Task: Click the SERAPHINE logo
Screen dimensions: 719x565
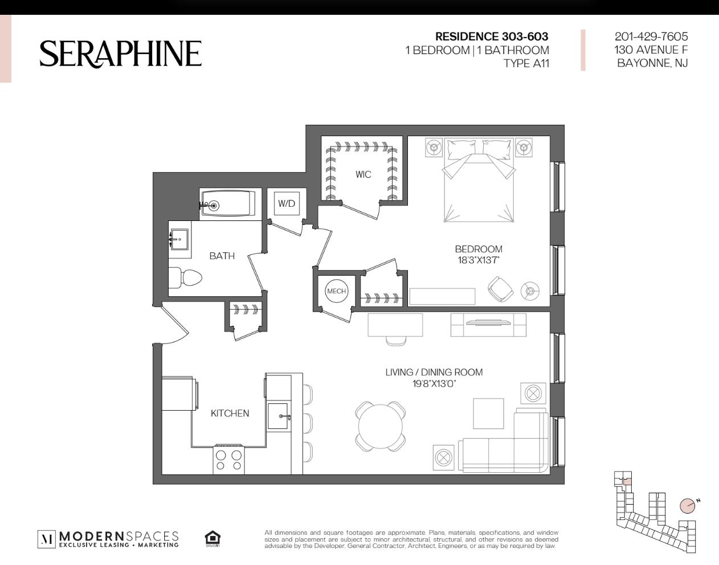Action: [120, 54]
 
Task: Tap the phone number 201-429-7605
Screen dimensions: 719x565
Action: [651, 36]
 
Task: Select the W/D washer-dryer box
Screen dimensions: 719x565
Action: [287, 203]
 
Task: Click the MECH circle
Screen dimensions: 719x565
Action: [336, 291]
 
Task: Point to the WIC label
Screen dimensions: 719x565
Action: [363, 174]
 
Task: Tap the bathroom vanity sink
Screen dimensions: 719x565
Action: [179, 239]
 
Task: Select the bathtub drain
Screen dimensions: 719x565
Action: [214, 206]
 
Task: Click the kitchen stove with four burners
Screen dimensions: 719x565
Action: [228, 460]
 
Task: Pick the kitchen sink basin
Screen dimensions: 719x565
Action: [277, 416]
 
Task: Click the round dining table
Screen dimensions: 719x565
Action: [381, 427]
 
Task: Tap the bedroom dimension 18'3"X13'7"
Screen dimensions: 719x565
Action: [478, 260]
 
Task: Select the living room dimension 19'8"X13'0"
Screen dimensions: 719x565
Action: [434, 384]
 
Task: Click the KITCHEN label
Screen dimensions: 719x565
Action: [230, 413]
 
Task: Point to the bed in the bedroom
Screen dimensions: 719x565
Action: [479, 180]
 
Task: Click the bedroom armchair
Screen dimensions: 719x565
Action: [500, 289]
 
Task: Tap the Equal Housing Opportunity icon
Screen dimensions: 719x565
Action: [213, 539]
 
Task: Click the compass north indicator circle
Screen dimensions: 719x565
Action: [687, 506]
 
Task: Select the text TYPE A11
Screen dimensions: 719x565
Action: [526, 63]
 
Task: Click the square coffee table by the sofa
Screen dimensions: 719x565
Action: [488, 413]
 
